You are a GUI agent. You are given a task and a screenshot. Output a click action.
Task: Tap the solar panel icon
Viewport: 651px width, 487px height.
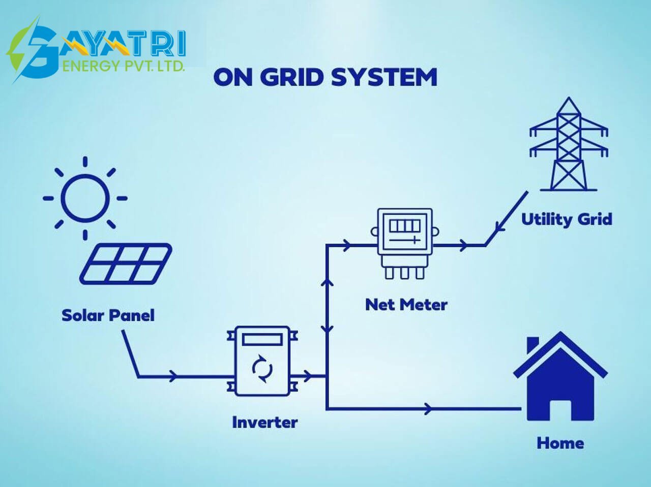tap(126, 264)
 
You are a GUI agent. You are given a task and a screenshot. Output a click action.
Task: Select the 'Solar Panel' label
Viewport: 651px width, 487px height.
tap(108, 315)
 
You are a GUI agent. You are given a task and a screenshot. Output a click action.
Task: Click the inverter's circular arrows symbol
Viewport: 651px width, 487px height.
tap(262, 369)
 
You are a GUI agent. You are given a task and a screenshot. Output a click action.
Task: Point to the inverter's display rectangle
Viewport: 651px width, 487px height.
tap(262, 340)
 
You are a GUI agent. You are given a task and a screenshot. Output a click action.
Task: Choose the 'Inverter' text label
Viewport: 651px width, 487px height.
tap(265, 422)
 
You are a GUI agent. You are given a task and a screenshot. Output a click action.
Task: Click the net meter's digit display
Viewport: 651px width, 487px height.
tap(405, 225)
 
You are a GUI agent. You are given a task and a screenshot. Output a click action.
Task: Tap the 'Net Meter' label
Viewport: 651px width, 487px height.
tap(406, 305)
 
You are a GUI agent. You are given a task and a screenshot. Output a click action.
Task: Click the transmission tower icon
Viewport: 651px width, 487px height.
tap(569, 144)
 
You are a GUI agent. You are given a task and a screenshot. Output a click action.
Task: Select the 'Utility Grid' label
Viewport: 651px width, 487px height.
tap(567, 220)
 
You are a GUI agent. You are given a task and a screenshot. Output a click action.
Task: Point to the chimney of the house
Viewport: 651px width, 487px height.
tap(532, 345)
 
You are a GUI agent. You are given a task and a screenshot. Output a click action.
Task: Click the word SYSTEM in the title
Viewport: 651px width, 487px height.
tap(384, 77)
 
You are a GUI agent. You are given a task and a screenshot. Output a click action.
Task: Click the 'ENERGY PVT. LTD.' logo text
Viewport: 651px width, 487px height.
tap(124, 66)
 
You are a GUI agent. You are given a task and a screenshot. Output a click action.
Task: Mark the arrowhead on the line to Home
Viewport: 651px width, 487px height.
tap(428, 409)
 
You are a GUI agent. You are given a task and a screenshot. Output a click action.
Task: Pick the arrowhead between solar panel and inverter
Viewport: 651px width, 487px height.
tap(173, 376)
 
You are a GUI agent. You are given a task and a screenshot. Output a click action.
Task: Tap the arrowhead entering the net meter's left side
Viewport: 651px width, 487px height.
tap(346, 245)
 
